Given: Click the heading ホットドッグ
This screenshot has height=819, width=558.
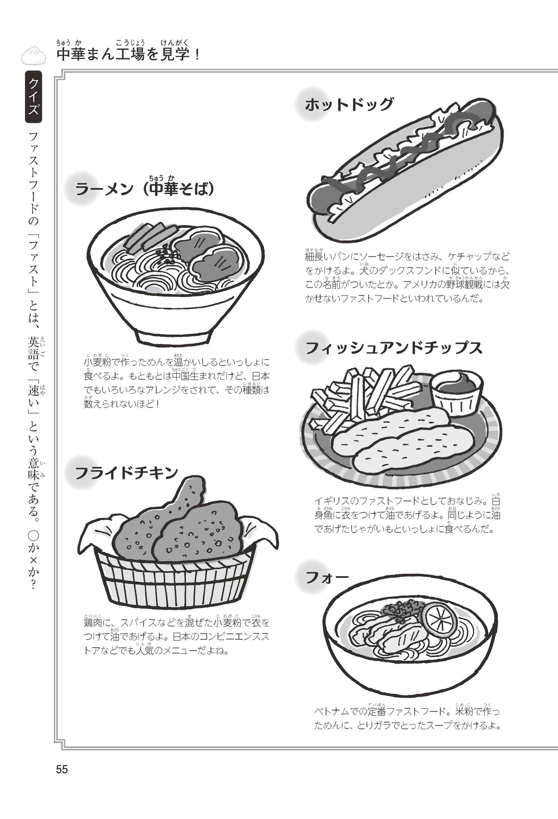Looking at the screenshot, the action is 349,104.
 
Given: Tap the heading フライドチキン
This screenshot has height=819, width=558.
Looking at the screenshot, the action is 126,472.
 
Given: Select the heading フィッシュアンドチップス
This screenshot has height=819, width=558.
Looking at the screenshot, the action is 394,348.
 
